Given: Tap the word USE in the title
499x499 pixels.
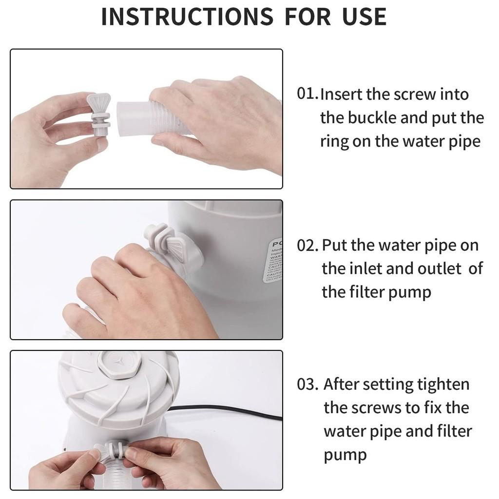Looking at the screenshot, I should point(364,17).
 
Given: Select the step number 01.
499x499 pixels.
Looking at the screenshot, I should point(307,94).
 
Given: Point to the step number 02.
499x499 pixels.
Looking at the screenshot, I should point(308,246).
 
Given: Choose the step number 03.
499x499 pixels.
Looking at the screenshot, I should point(308,384).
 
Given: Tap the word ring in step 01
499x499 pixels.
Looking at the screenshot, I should point(334,142).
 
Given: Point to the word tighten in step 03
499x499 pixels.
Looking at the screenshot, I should point(443,384).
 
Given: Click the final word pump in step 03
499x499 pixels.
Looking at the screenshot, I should point(345,455).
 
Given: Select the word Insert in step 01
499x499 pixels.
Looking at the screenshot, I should point(341,94).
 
